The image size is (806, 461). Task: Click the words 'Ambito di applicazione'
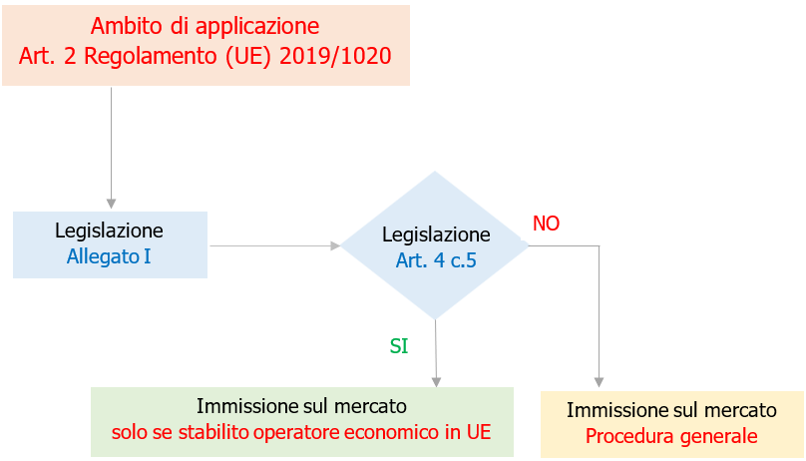coord(204,25)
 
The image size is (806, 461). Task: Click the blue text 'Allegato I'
coord(109,256)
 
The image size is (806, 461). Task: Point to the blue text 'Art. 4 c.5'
coord(436,262)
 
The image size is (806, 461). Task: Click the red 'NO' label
coord(546,224)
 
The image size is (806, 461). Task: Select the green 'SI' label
coord(399,345)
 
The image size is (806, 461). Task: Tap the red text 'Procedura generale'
coord(671,436)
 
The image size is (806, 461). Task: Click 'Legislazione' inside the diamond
coord(436,235)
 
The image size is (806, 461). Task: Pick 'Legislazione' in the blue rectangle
coord(109,230)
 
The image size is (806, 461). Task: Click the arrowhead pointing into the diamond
coord(335,245)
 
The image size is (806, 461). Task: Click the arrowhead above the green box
coord(436,380)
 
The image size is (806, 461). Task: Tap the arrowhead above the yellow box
coord(599,380)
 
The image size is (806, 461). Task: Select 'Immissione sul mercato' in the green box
coord(301,406)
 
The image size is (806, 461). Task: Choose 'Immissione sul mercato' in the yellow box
coord(671,410)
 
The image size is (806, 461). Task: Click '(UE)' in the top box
coord(245,56)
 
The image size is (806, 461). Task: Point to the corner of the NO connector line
coord(599,245)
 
